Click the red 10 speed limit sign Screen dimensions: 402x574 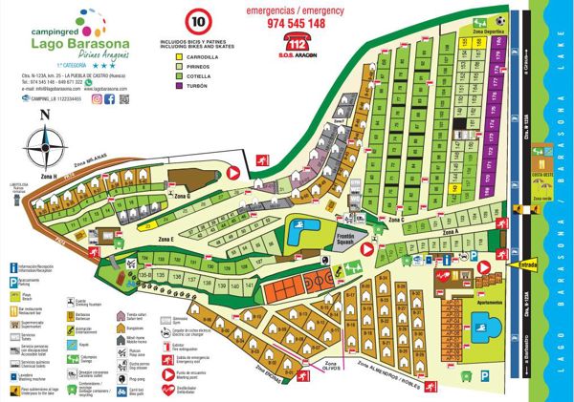199,20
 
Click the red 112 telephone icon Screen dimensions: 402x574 299,43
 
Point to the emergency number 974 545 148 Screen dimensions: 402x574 298,22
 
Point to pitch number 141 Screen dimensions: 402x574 249,285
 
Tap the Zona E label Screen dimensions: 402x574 165,238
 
